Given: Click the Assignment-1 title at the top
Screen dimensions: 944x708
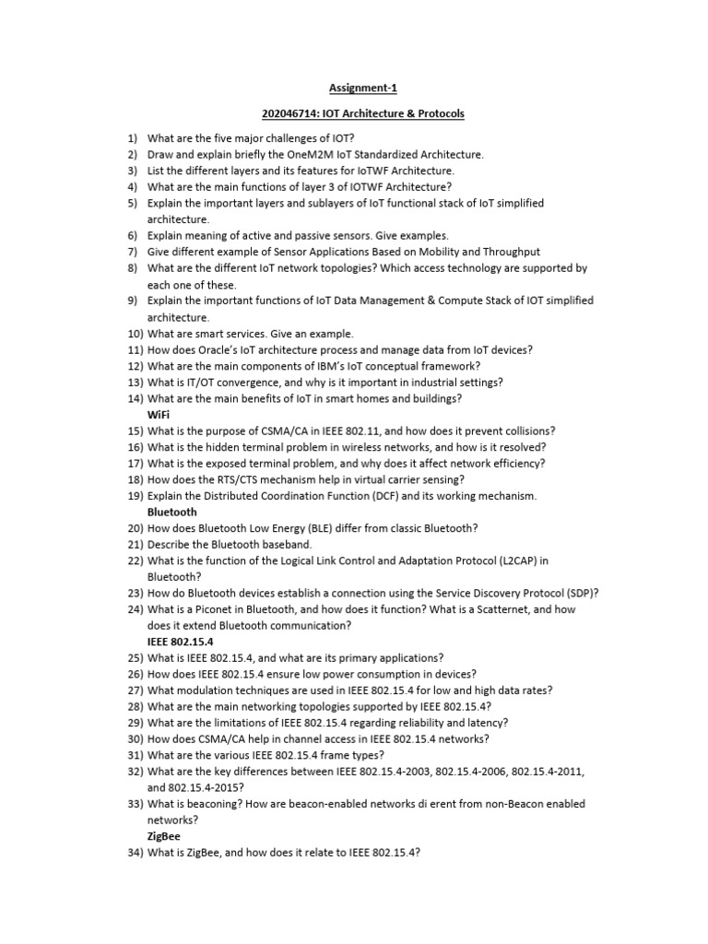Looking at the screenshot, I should tap(354, 88).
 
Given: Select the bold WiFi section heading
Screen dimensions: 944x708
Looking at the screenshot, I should tap(158, 415).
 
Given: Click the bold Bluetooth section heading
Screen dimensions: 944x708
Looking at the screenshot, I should tap(171, 512).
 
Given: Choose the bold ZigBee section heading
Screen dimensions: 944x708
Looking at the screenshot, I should tap(164, 836).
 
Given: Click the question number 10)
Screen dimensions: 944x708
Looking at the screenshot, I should tap(136, 334).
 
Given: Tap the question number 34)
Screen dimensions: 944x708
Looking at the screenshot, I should tap(136, 853).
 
